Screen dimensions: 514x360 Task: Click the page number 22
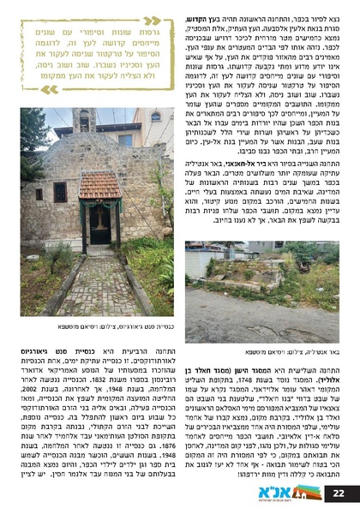click(339, 493)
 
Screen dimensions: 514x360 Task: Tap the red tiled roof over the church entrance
click(101, 186)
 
